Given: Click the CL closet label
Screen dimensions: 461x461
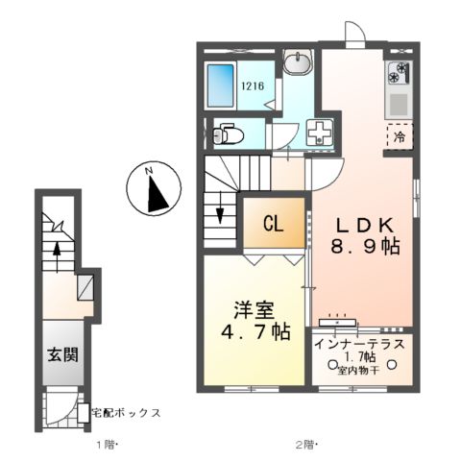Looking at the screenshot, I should (273, 225).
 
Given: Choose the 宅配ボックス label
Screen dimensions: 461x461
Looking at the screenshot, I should (125, 413).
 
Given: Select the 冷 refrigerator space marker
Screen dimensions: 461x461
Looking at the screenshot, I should (400, 136).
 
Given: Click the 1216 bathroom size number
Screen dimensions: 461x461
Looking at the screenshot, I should (252, 85).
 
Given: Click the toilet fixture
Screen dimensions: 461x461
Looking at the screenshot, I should (226, 134).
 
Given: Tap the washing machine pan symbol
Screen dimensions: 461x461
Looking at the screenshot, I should (317, 133).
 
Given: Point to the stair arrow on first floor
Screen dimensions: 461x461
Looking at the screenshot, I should (57, 252).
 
